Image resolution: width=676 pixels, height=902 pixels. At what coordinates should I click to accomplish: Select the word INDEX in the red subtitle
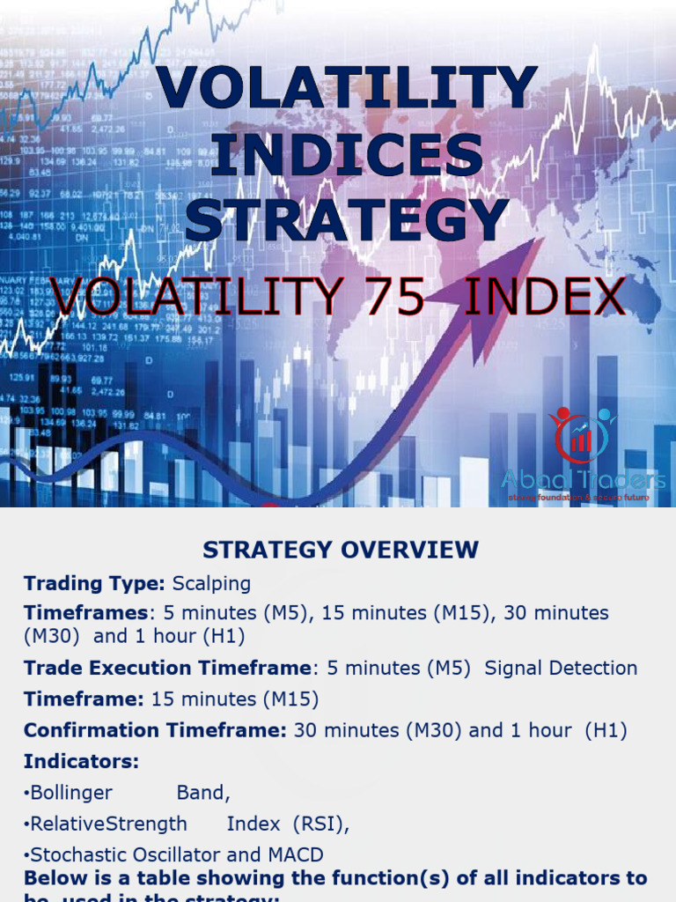(543, 297)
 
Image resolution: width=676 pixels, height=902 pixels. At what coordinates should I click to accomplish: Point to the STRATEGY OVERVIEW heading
(341, 551)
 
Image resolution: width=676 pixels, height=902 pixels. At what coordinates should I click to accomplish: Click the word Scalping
(211, 584)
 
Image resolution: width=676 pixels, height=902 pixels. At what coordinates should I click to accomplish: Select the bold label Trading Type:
(95, 584)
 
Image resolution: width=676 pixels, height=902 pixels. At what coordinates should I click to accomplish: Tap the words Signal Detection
(561, 669)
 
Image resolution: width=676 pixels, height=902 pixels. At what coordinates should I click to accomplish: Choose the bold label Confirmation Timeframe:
(155, 731)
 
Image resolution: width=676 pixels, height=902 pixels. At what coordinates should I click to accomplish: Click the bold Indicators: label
(81, 761)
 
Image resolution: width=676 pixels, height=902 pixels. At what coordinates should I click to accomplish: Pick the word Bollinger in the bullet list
(71, 793)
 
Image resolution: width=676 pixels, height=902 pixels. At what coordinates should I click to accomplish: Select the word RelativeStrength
(108, 824)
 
